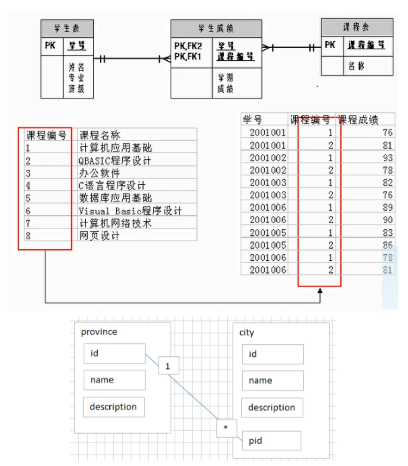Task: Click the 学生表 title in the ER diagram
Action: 67,29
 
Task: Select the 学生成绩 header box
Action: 216,29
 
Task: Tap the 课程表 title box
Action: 357,28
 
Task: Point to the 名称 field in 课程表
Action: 355,66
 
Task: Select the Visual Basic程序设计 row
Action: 130,211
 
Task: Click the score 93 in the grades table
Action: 387,158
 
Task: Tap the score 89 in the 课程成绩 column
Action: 387,208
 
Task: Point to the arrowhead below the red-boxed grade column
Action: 320,292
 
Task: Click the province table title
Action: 99,332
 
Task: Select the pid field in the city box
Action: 271,441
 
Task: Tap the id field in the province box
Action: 114,354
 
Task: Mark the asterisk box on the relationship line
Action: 226,428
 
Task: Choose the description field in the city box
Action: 272,407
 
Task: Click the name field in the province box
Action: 114,380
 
